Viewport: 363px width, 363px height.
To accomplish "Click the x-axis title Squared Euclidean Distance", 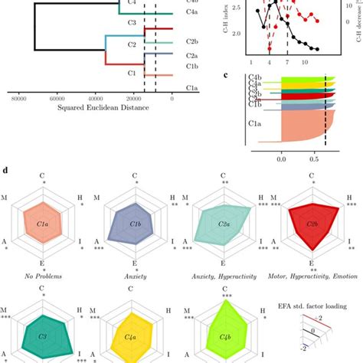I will pos(103,106).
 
